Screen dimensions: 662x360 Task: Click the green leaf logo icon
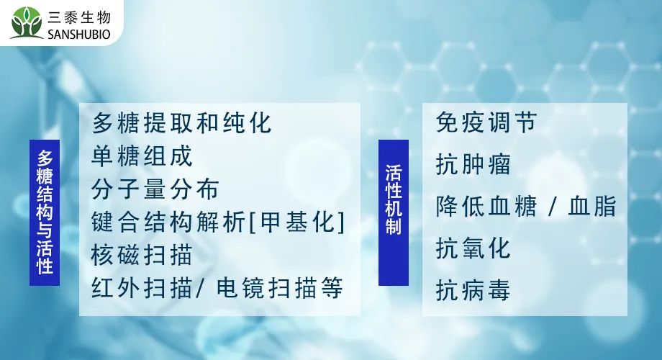tap(27, 22)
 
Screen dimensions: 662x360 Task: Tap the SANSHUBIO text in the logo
tap(79, 35)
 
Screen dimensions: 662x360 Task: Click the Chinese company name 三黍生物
tap(79, 17)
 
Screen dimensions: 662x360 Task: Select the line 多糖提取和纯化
tap(181, 123)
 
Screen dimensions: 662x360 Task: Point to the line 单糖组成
tap(142, 156)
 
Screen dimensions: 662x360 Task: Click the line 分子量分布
tap(155, 189)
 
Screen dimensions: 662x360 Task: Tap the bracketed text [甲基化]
tap(297, 222)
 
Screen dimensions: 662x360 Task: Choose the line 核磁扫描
tap(142, 255)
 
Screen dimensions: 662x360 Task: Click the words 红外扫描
tap(142, 288)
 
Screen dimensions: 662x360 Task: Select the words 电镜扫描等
tap(279, 288)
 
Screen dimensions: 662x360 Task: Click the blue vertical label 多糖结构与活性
tap(45, 212)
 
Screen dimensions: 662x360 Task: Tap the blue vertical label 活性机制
tap(394, 212)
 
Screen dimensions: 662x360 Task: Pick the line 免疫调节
tap(486, 122)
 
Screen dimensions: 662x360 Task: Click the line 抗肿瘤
tap(473, 164)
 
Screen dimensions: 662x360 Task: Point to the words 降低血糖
tap(486, 206)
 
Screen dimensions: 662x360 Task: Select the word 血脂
tap(592, 206)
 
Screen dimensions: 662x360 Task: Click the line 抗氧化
tap(473, 248)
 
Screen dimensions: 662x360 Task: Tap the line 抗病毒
tap(473, 290)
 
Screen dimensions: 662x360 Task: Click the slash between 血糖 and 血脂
tap(552, 207)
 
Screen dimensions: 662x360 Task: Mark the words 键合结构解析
tap(168, 222)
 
